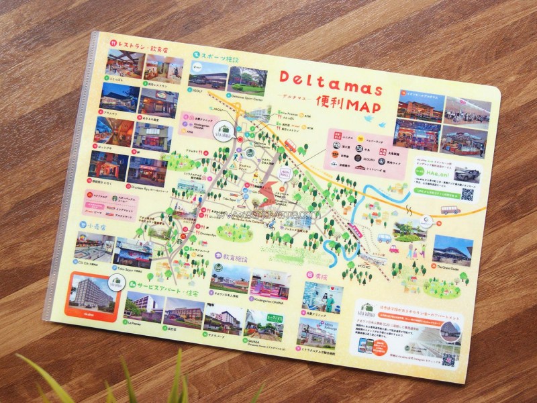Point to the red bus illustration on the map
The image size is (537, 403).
tap(291, 145)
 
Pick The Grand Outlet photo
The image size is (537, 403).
tap(452, 251)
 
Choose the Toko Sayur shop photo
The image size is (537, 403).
tap(135, 251)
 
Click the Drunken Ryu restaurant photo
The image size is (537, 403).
tap(146, 171)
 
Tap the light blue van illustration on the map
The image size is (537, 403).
tap(384, 238)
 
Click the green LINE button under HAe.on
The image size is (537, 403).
tap(437, 193)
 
